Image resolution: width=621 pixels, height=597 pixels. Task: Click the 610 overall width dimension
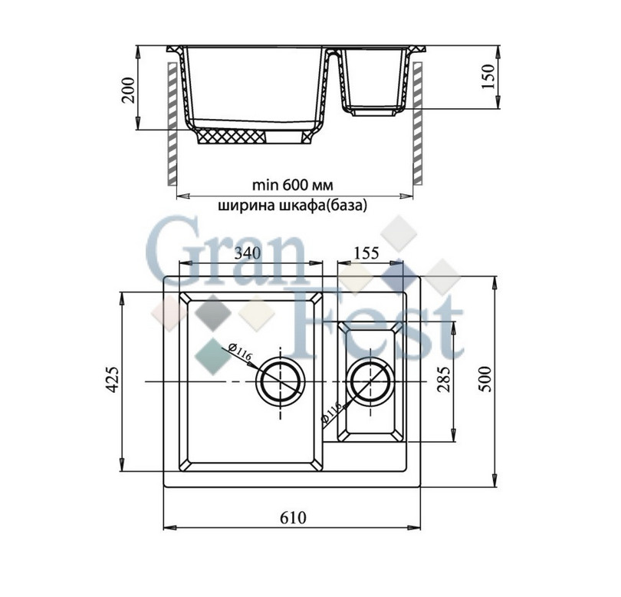click(293, 517)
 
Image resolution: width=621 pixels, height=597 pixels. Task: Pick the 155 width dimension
click(366, 253)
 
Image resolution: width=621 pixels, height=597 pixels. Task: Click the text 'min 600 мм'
click(292, 186)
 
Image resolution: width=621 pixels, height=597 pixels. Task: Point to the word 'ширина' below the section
click(243, 206)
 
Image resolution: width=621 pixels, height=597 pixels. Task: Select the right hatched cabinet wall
click(418, 123)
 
